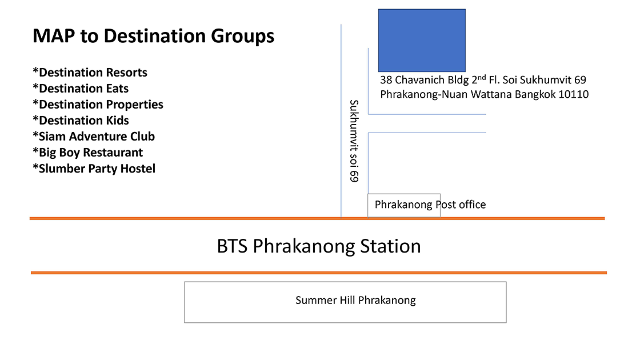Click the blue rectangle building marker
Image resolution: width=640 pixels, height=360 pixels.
tap(422, 41)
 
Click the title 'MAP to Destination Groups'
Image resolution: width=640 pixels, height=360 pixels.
tap(154, 36)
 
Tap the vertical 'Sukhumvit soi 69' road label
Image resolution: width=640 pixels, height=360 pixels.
tap(354, 141)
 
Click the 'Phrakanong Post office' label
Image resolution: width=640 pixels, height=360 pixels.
tap(430, 205)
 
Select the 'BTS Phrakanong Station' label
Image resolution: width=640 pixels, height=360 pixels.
tap(319, 246)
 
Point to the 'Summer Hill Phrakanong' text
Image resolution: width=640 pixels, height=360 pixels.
tap(355, 301)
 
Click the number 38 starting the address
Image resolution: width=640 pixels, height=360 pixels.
tap(386, 80)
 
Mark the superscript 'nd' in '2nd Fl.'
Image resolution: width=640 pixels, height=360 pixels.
tap(482, 77)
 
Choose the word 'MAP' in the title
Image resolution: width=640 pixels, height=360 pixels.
tap(54, 36)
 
